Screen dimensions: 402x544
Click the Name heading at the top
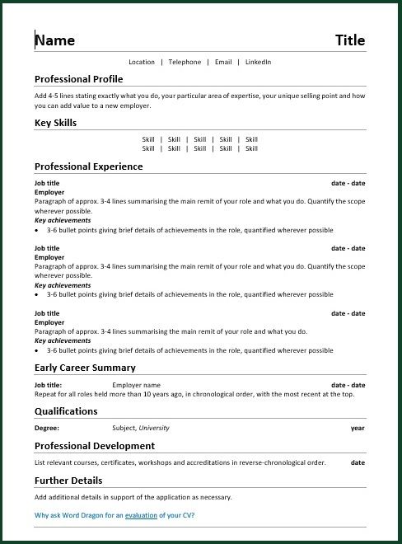click(55, 40)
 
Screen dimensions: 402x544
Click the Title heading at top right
click(350, 40)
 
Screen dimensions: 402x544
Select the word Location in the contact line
click(142, 62)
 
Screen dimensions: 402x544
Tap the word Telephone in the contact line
click(185, 62)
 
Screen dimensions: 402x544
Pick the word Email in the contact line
click(223, 62)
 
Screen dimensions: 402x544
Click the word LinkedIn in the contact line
click(258, 62)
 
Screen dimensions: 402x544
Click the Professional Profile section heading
click(78, 79)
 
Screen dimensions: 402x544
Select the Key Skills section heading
click(55, 123)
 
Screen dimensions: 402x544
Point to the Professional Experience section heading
click(88, 166)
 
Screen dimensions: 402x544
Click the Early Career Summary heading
click(85, 368)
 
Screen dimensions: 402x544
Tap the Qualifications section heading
click(66, 411)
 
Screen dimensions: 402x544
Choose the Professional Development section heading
click(94, 446)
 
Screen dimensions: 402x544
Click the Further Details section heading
click(68, 481)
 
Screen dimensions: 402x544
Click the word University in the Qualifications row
click(154, 429)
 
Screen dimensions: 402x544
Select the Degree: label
click(47, 429)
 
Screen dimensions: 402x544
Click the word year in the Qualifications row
click(358, 429)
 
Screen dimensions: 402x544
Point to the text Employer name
click(136, 385)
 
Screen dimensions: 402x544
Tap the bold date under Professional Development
click(358, 463)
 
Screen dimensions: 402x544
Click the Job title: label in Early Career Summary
click(48, 385)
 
